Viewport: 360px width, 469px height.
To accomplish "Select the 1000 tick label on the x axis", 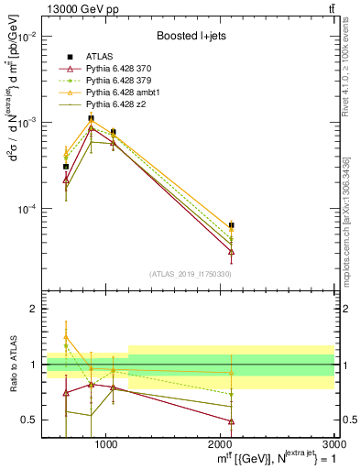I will click(x=106, y=444).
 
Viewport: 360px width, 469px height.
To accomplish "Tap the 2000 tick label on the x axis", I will click(x=221, y=444).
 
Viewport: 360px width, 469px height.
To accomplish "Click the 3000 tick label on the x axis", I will click(x=333, y=444).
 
